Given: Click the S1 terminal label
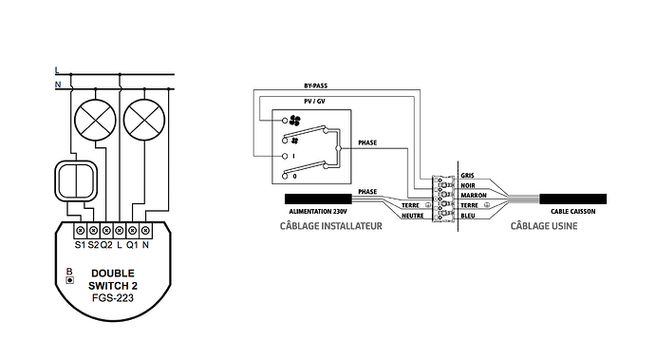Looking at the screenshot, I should point(80,245).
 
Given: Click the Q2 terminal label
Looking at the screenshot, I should point(106,245).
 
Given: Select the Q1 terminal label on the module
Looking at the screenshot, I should point(132,245).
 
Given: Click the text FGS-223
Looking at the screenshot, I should point(113,297).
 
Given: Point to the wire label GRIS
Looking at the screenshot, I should point(467,176).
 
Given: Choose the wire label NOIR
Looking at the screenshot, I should point(467,185).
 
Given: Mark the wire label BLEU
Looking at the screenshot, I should point(467,216).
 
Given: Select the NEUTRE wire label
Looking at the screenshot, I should point(411,216).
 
